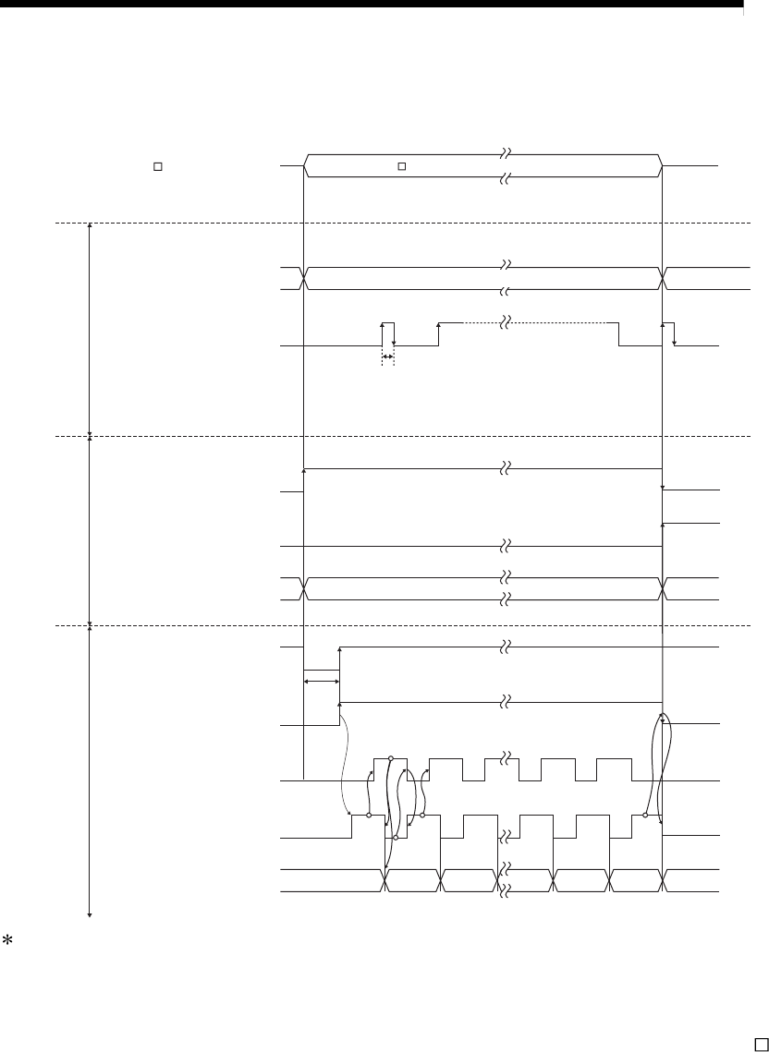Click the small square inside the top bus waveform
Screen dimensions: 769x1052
(x=402, y=167)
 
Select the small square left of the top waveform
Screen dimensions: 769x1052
(x=157, y=167)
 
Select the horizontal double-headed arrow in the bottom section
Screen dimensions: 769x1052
(x=321, y=682)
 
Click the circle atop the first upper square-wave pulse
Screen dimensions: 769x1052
(x=391, y=758)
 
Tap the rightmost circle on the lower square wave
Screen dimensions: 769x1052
(x=644, y=816)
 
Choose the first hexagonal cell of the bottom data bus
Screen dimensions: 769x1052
(x=411, y=881)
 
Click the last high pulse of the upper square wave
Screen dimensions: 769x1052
(x=614, y=769)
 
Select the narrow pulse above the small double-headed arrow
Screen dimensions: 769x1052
(x=388, y=333)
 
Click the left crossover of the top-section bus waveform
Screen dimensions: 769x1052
(x=304, y=278)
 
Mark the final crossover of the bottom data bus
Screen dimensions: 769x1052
(x=663, y=881)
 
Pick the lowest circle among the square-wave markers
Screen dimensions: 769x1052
(x=396, y=837)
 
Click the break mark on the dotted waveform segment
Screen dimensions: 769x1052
(x=506, y=322)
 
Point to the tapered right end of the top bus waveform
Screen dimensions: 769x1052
(x=661, y=166)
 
